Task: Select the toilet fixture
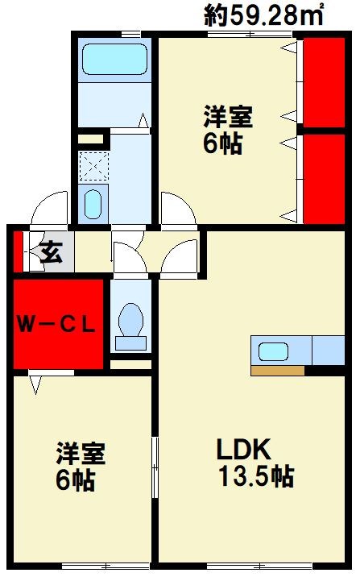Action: pyautogui.click(x=130, y=324)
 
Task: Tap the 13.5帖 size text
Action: pyautogui.click(x=256, y=477)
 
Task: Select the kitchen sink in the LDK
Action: pyautogui.click(x=275, y=351)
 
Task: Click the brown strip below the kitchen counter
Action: pyautogui.click(x=277, y=371)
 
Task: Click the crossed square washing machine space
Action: pyautogui.click(x=93, y=168)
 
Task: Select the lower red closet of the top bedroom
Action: pyautogui.click(x=324, y=177)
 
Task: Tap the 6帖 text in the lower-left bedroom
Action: pyautogui.click(x=76, y=481)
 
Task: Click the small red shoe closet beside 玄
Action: pyautogui.click(x=19, y=252)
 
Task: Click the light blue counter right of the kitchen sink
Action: pyautogui.click(x=328, y=351)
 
